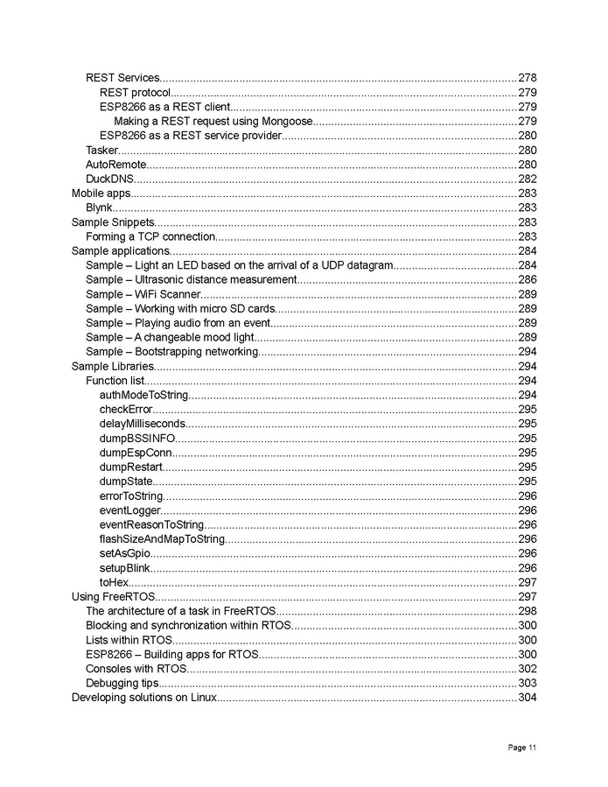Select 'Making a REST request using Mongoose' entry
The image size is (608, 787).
click(213, 121)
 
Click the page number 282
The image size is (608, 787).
click(528, 179)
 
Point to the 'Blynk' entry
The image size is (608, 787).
click(99, 207)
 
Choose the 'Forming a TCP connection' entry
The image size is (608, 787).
click(150, 236)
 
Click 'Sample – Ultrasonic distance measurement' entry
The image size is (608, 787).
click(192, 279)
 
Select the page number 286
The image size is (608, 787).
click(528, 279)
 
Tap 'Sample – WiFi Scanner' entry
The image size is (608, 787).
click(143, 294)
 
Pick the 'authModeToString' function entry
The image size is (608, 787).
click(143, 395)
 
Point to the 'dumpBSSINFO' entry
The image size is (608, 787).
click(137, 438)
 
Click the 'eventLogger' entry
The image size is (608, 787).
click(130, 509)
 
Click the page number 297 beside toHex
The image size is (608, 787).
click(528, 581)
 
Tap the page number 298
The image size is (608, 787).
click(528, 610)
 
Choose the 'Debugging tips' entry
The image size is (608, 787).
click(122, 682)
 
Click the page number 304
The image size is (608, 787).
click(528, 697)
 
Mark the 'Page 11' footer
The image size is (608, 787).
click(521, 747)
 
